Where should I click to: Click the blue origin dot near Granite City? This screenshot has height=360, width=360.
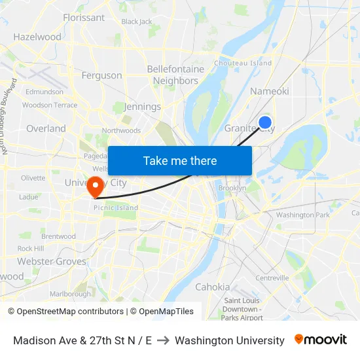point(265,122)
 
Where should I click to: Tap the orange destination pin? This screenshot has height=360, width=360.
point(96,187)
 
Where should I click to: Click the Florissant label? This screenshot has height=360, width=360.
point(84,18)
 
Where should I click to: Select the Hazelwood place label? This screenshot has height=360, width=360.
point(37,37)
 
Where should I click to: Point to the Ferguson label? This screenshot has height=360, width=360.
point(101,75)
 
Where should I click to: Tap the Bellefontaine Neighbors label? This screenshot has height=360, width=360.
point(175,75)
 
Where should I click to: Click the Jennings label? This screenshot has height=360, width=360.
point(142,107)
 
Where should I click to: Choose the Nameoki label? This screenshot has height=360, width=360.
point(269,91)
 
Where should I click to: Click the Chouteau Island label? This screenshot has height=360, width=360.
point(243,63)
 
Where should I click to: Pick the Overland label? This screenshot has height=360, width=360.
point(46,129)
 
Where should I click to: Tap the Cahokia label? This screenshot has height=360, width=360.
point(213,287)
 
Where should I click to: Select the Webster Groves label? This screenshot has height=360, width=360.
point(52,261)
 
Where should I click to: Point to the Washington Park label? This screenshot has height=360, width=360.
point(303,215)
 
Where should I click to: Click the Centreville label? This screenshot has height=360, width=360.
point(272,278)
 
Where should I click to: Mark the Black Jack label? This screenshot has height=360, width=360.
point(137,22)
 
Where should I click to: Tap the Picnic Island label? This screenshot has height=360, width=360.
point(116,208)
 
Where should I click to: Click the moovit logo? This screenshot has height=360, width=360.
point(321,340)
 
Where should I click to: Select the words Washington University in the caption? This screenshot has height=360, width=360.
point(230,340)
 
